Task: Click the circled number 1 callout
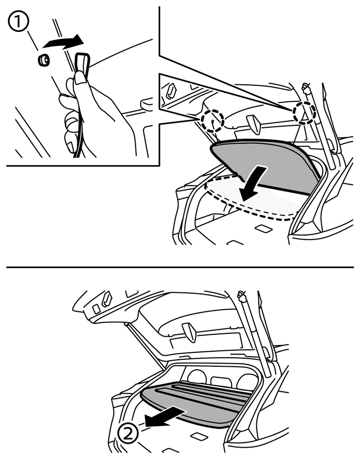coord(18,19)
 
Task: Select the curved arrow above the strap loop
coord(63,41)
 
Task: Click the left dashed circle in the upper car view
coord(213,120)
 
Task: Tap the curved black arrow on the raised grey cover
coord(253,183)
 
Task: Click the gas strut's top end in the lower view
coord(241,296)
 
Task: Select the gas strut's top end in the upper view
coord(307,88)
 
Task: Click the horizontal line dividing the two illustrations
coord(180,267)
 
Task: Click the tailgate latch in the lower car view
coord(189,332)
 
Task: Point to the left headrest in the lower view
coord(196,378)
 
